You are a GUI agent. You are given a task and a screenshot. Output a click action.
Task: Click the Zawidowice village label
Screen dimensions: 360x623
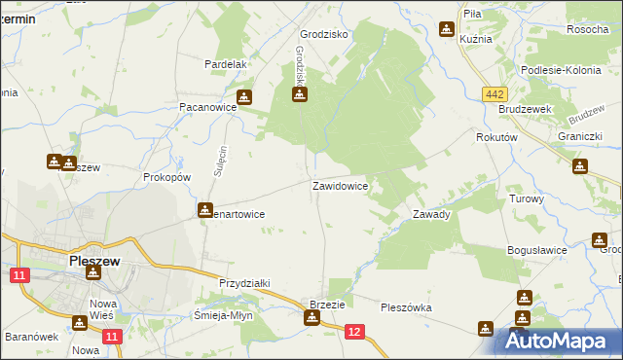coord(339,185)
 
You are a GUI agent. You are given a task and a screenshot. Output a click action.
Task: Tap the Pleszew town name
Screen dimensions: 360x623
coord(94,262)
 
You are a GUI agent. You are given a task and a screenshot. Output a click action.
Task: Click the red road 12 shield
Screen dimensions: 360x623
coord(354,333)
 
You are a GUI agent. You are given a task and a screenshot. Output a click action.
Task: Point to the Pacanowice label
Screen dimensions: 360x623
coord(202,108)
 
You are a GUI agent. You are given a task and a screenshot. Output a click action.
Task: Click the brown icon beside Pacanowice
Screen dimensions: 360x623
coord(243,96)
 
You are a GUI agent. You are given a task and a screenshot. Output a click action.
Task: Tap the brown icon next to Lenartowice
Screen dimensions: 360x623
coord(204,209)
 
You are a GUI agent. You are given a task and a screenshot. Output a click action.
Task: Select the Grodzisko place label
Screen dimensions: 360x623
coord(324,33)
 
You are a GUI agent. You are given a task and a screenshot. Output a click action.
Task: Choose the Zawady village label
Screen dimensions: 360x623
coord(430,214)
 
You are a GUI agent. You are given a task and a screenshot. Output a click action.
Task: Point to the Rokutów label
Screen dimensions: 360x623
coord(495,138)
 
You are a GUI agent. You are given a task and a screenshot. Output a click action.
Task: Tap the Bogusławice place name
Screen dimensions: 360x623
coord(536,250)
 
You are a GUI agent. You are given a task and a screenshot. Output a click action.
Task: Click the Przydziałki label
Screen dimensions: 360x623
coord(243,283)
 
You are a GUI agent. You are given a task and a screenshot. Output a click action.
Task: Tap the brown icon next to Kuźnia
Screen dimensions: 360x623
coord(447,30)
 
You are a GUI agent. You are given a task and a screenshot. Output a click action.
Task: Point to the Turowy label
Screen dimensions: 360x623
coord(526,198)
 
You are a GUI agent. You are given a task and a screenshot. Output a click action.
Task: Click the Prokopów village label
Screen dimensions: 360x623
coord(166,178)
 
